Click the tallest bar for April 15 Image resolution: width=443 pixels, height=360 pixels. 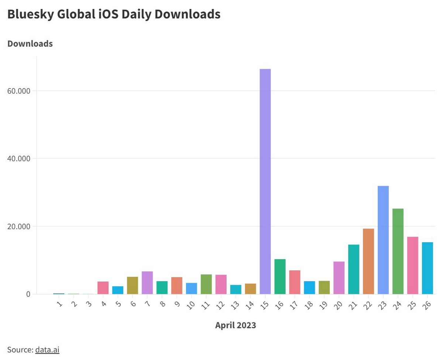pyautogui.click(x=265, y=181)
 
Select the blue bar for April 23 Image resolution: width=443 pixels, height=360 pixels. pyautogui.click(x=383, y=240)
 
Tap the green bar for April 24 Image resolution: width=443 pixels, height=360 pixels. pyautogui.click(x=398, y=251)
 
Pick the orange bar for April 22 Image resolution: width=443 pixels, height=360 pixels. pyautogui.click(x=368, y=261)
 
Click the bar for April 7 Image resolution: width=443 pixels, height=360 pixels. pyautogui.click(x=147, y=283)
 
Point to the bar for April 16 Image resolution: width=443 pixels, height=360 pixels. pyautogui.click(x=280, y=277)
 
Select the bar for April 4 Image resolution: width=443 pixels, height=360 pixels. pyautogui.click(x=103, y=288)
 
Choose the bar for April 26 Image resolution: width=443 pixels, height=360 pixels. pyautogui.click(x=427, y=268)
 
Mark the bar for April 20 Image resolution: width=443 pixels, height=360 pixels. pyautogui.click(x=339, y=278)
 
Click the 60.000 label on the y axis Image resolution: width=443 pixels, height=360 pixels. pyautogui.click(x=19, y=91)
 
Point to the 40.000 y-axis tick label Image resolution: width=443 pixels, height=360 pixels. pyautogui.click(x=19, y=159)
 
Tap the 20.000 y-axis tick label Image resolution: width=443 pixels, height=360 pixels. pyautogui.click(x=19, y=226)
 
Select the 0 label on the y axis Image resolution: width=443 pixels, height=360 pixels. pyautogui.click(x=28, y=294)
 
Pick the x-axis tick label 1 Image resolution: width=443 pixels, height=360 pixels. pyautogui.click(x=59, y=304)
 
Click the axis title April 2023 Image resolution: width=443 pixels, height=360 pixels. pyautogui.click(x=236, y=325)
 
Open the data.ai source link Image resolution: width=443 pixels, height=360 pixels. pyautogui.click(x=47, y=350)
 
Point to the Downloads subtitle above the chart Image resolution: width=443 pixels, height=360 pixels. pyautogui.click(x=30, y=44)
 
